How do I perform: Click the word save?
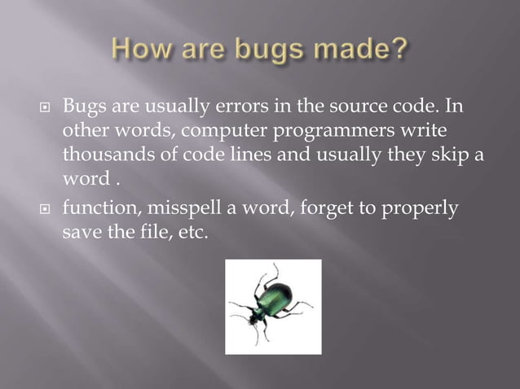(x=79, y=233)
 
